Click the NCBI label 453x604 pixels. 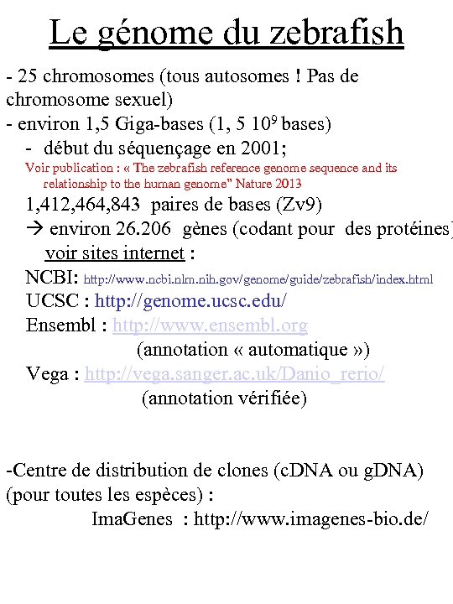pyautogui.click(x=52, y=278)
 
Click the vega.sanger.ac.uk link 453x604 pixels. pyautogui.click(x=235, y=374)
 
